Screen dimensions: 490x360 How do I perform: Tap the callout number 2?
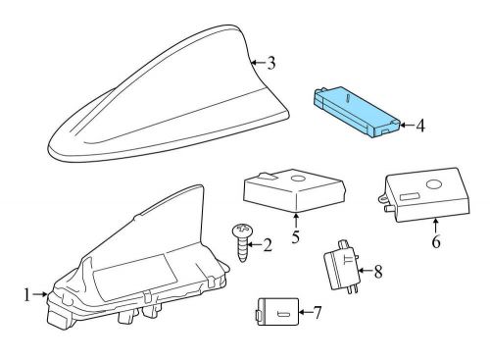point(268,246)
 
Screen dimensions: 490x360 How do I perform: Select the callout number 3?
point(270,65)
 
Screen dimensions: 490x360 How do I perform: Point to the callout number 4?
point(418,125)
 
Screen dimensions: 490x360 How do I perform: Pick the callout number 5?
point(295,236)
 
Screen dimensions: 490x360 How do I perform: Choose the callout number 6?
point(436,238)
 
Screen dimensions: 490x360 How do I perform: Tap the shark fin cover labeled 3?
point(167,98)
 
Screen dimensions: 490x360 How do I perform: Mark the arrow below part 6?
point(434,228)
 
